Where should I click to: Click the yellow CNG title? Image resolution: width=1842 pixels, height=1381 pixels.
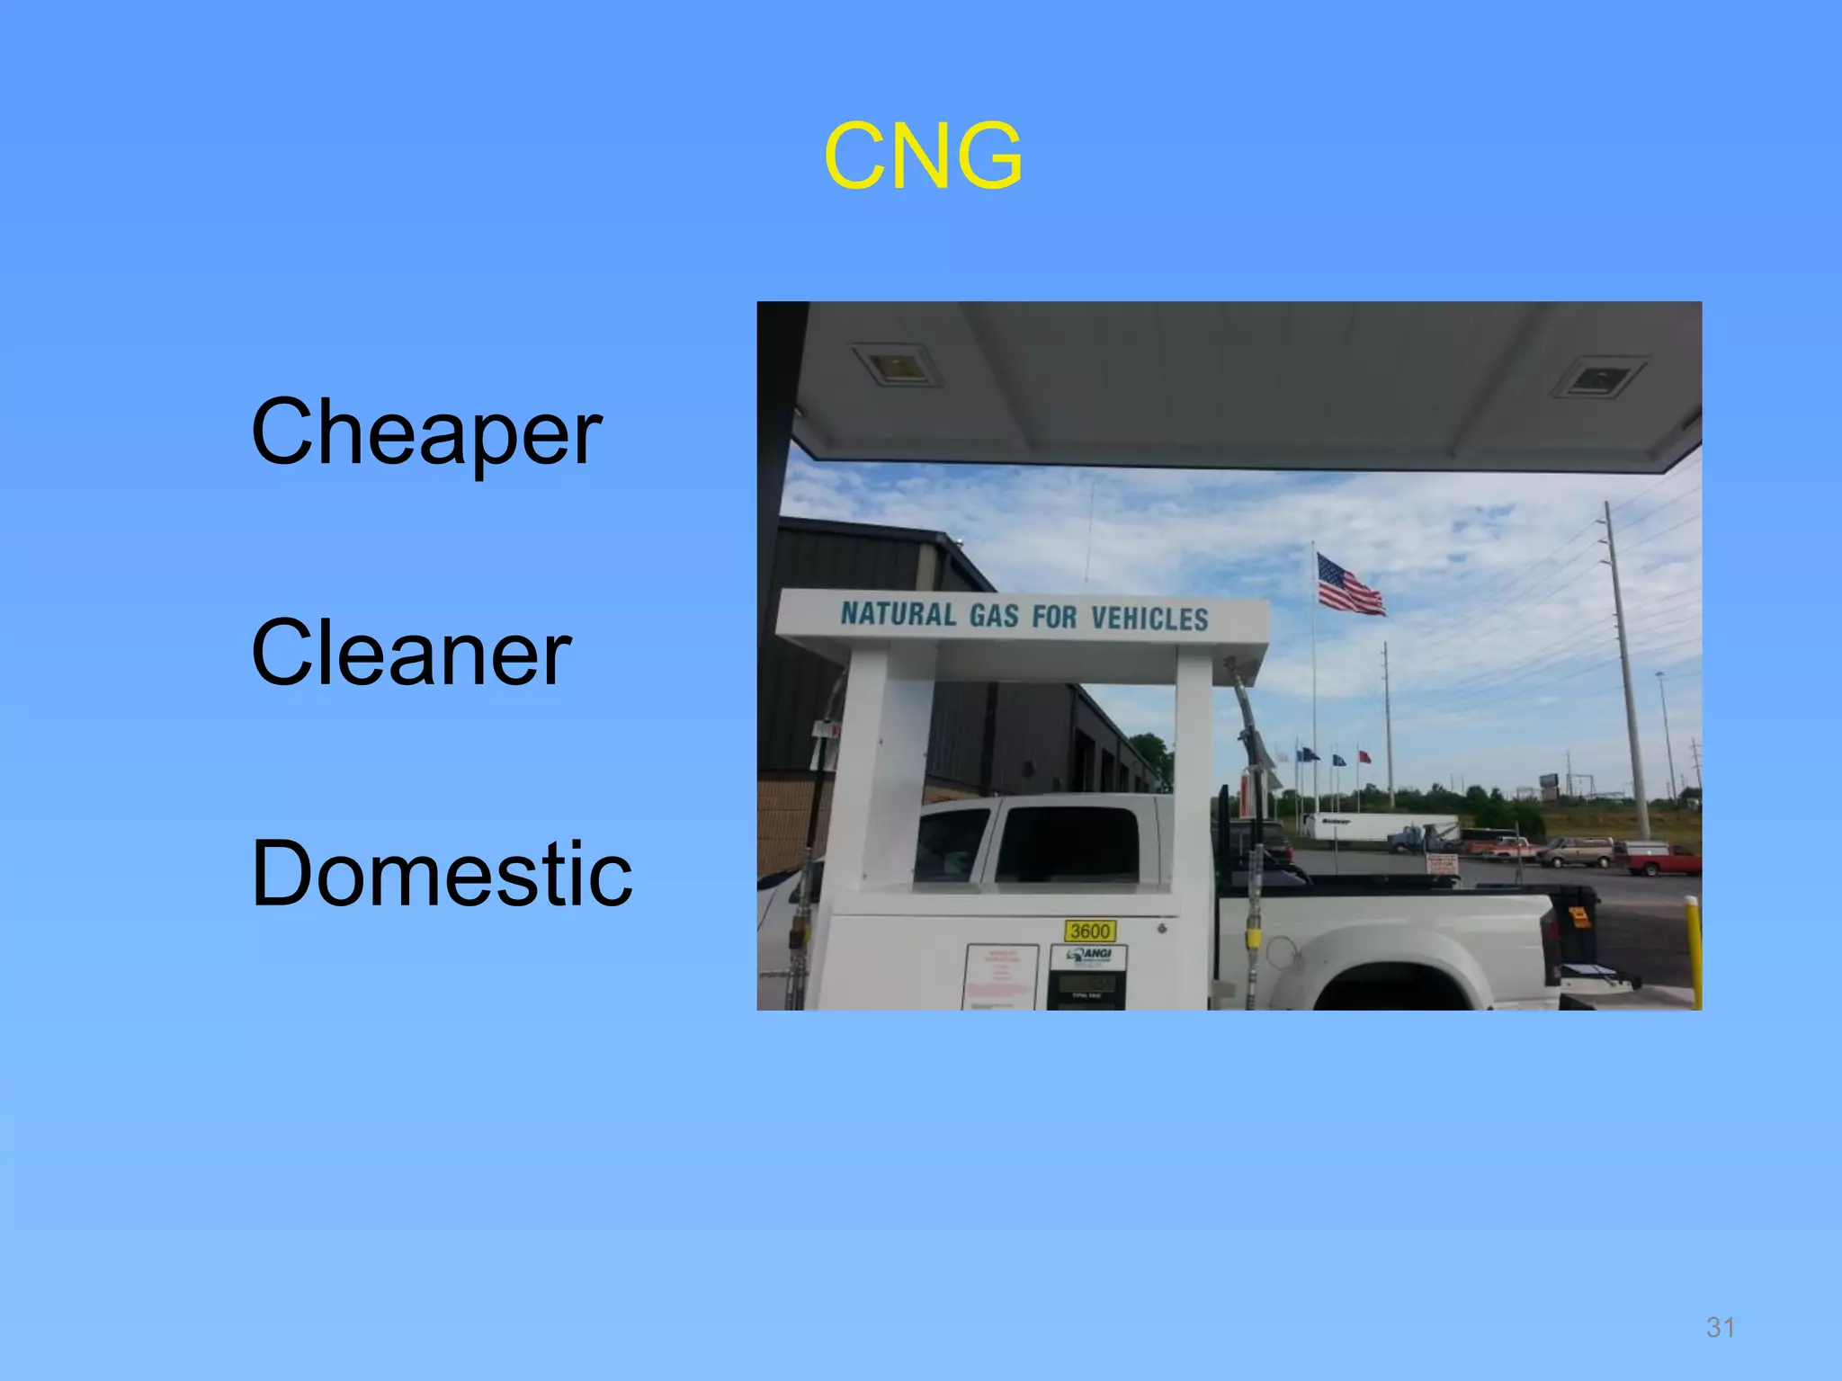pyautogui.click(x=923, y=157)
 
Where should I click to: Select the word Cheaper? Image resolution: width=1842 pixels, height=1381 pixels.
pyautogui.click(x=426, y=433)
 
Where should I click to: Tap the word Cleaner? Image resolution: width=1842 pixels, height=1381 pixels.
pyautogui.click(x=411, y=653)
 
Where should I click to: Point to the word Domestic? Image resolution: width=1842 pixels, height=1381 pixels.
pyautogui.click(x=442, y=874)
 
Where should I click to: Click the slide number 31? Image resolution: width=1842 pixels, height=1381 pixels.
pyautogui.click(x=1720, y=1327)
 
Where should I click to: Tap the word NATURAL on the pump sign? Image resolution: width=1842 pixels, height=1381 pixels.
pyautogui.click(x=898, y=614)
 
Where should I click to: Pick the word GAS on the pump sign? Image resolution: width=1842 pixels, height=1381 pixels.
pyautogui.click(x=993, y=616)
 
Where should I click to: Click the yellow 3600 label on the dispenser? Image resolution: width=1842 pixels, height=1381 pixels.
pyautogui.click(x=1089, y=931)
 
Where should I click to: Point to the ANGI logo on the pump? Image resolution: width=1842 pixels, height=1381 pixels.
pyautogui.click(x=1088, y=955)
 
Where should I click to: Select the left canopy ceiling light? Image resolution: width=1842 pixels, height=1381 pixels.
pyautogui.click(x=898, y=365)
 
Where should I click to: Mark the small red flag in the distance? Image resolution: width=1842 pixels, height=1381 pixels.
pyautogui.click(x=1364, y=756)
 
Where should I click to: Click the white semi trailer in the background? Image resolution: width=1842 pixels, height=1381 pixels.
pyautogui.click(x=1376, y=826)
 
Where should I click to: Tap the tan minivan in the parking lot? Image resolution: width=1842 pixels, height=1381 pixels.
pyautogui.click(x=1577, y=851)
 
